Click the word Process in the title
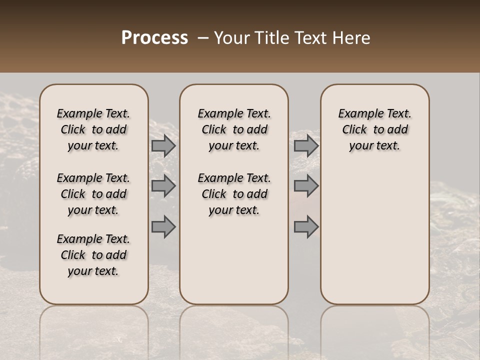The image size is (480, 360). coord(154,38)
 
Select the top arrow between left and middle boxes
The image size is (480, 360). coord(163,146)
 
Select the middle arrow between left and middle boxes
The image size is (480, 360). coord(163,186)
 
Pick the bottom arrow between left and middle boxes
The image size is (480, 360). coord(163,227)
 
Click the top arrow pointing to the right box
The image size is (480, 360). coord(305,146)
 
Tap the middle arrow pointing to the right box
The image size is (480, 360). coord(305,186)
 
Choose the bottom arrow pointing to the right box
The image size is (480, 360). coord(305,227)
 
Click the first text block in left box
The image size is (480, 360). coord(93,129)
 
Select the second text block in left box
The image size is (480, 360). coord(93,194)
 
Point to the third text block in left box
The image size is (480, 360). coord(93,255)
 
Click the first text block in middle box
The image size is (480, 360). coord(234,129)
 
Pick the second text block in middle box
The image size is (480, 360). coord(234,194)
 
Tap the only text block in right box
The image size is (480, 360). coord(375,129)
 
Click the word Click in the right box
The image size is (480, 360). coord(354,129)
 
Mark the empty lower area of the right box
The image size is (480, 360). coord(375,235)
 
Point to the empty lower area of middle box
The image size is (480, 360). coord(234,260)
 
